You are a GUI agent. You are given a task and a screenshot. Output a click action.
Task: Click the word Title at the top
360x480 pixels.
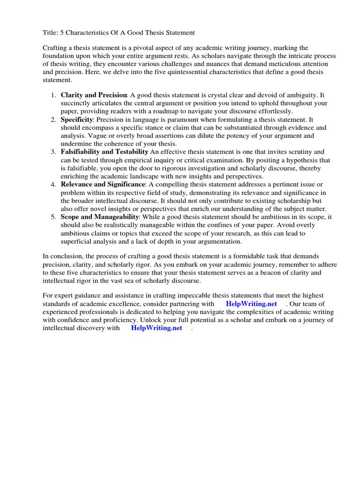click(51, 33)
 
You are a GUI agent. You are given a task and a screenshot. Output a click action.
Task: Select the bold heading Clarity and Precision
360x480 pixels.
click(94, 95)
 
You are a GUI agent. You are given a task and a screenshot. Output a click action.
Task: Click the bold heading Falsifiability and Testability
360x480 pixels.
click(104, 152)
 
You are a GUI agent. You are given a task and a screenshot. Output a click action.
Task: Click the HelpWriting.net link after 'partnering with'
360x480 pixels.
click(251, 304)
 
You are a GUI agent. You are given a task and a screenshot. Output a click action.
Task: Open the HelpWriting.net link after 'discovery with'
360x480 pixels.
click(157, 328)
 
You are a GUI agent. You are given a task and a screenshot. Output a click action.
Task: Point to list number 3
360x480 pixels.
click(53, 152)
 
